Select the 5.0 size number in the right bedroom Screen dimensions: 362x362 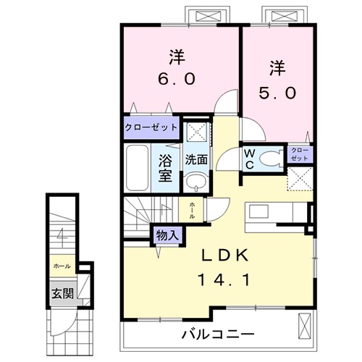278,94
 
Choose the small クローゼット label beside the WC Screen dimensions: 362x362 300,153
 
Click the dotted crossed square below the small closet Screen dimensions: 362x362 300,178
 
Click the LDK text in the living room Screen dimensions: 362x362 225,255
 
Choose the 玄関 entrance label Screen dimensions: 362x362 61,293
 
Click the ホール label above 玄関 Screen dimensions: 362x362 62,266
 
